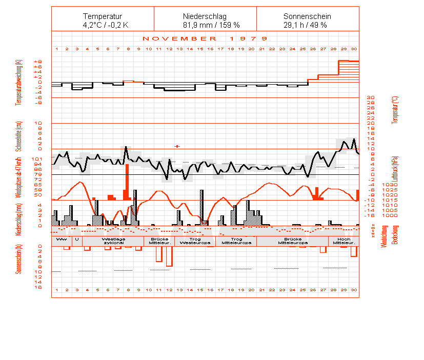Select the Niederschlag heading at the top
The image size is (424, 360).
tap(205, 16)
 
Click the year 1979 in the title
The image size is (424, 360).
tap(249, 38)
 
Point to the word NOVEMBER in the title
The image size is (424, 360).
tap(179, 38)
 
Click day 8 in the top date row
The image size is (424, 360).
tap(128, 49)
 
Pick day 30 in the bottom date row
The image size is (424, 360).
tap(354, 290)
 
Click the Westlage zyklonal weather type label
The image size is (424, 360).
tap(113, 241)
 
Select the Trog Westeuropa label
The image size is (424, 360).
tap(195, 241)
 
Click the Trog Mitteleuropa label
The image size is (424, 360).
tap(236, 241)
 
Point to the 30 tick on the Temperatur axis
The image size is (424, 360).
tap(371, 97)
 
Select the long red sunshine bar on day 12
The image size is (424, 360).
tap(169, 256)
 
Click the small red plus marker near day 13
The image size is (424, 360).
tap(177, 146)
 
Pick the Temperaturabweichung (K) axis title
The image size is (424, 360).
tap(19, 82)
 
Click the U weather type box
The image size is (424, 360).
tap(77, 239)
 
